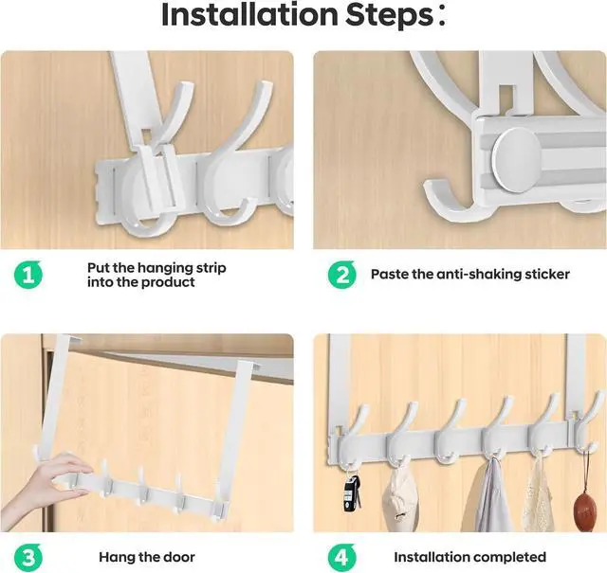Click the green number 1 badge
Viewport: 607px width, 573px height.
[28, 275]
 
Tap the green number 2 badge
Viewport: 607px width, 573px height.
[342, 275]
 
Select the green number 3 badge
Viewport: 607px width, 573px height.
[28, 558]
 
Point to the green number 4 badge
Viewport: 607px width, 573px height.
[342, 558]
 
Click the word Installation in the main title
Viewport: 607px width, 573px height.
[249, 15]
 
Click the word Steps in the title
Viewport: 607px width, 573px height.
[389, 15]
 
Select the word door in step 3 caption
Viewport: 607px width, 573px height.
[178, 557]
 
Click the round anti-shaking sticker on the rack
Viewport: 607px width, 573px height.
[516, 160]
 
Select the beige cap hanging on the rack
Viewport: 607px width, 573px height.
[396, 491]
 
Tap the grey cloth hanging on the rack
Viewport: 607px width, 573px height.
[489, 494]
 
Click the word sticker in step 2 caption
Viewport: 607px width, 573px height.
[547, 274]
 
